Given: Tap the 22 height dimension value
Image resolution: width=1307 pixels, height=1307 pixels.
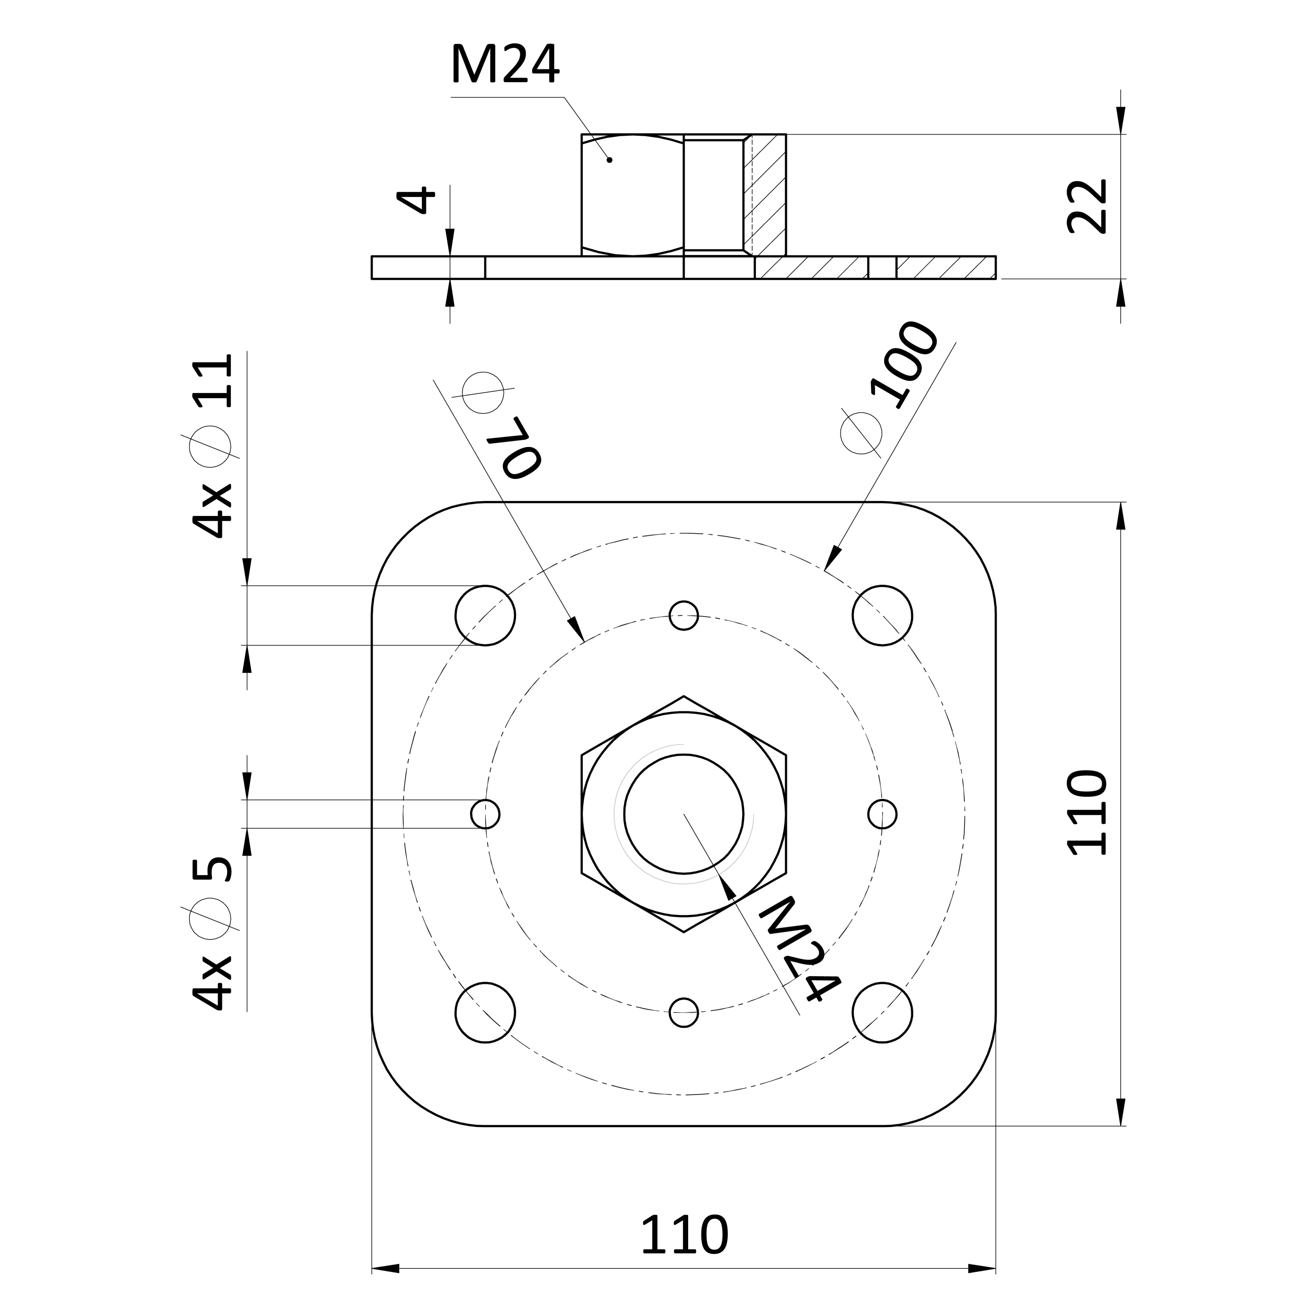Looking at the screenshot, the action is click(x=1087, y=206).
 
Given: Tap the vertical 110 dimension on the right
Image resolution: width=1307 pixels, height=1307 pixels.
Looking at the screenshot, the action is click(x=1087, y=813).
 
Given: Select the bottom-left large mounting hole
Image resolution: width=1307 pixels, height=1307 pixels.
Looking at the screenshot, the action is click(x=485, y=1013).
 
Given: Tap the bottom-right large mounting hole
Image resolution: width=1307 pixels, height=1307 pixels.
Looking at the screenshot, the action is click(x=882, y=1013).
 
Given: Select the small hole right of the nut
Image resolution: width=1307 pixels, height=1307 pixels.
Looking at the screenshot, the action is click(x=882, y=814).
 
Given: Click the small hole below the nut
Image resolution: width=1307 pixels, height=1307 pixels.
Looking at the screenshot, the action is click(x=684, y=1013).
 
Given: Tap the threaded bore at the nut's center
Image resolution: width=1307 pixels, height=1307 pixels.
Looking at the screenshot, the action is click(x=684, y=814).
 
